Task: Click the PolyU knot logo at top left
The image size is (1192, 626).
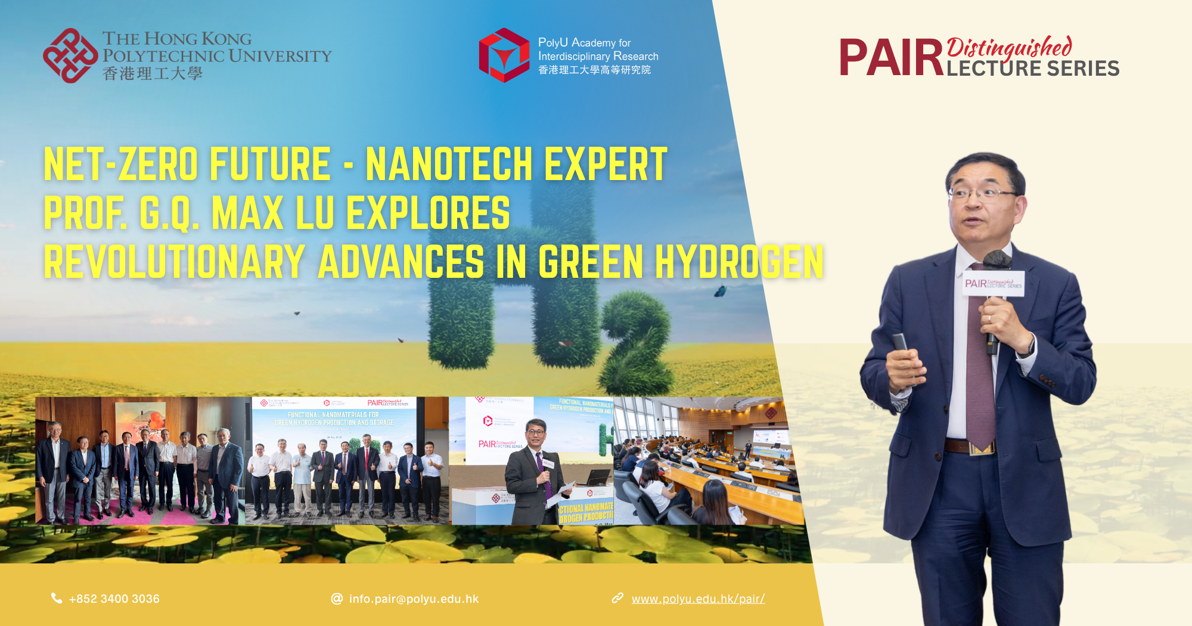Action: pos(70,55)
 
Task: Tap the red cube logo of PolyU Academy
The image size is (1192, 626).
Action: pos(504,55)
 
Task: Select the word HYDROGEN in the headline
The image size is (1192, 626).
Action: pos(739,262)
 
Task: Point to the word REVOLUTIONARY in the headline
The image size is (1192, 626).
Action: pos(174,262)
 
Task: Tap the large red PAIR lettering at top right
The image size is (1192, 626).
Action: pos(890,58)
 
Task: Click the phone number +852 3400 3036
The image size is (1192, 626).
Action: pos(114,599)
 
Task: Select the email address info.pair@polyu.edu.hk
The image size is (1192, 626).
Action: pos(414,599)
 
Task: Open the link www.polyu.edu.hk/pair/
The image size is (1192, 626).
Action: pos(698,599)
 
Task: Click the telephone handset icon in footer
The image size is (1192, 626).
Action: pos(57,598)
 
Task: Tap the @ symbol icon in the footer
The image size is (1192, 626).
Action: pos(337,598)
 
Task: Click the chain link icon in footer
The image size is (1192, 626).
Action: pos(617,597)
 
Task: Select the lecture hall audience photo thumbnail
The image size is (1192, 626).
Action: pos(706,460)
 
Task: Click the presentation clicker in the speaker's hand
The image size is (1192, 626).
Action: pos(899,343)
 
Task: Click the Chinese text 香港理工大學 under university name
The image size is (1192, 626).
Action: pos(153,74)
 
